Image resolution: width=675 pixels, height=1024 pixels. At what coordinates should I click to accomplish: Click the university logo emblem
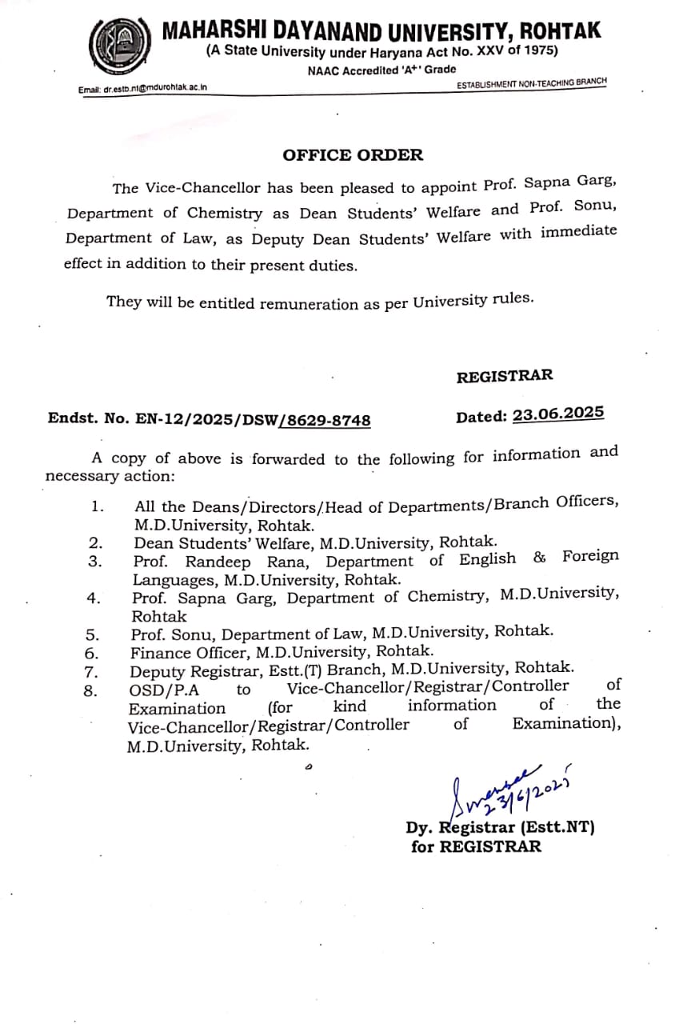[x=119, y=46]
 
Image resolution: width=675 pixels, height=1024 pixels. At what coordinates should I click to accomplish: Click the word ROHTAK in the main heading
[x=559, y=31]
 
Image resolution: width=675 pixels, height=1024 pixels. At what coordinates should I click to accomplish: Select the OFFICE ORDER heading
[x=353, y=155]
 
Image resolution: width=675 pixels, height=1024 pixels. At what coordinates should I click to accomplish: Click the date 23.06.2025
[x=558, y=414]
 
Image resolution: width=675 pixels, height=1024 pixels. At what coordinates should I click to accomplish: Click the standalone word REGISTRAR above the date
[x=505, y=376]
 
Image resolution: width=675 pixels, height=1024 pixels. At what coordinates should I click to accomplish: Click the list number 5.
[x=93, y=634]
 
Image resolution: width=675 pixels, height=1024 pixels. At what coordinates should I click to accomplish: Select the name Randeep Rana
[x=249, y=562]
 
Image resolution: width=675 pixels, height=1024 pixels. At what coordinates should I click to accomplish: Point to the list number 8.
[x=90, y=690]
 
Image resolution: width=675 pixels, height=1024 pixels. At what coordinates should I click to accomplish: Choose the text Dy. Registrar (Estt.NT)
[x=500, y=828]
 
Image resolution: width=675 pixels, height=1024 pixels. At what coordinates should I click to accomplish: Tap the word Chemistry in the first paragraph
[x=225, y=214]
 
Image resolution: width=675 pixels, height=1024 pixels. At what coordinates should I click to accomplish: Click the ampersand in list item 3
[x=540, y=557]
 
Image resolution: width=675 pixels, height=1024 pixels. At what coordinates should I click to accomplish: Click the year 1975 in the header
[x=541, y=50]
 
